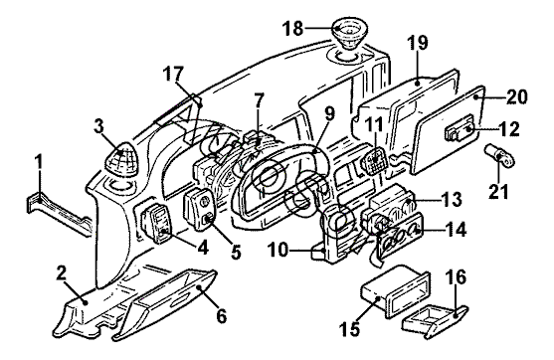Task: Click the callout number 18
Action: coord(292,29)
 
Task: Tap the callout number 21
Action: coord(498,191)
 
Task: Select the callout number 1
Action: coord(39,161)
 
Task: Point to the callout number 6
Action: coord(221,316)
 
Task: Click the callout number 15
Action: coord(350,329)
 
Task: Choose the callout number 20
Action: coord(516,96)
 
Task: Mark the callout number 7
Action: coord(260,100)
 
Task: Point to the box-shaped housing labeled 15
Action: coord(394,291)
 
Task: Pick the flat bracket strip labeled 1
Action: coord(59,213)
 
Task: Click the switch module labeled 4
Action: coord(157,224)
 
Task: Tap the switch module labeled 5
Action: coord(199,209)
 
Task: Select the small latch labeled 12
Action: coord(460,131)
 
